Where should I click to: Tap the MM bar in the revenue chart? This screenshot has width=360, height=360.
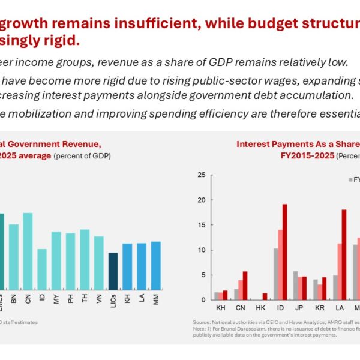(155, 265)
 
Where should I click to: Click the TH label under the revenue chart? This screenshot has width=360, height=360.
(85, 297)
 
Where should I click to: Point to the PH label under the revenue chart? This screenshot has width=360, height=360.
(70, 297)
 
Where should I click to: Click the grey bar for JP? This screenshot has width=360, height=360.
(295, 285)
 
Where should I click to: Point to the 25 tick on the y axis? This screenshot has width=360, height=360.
(202, 175)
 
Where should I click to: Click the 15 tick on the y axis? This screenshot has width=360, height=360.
(202, 225)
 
